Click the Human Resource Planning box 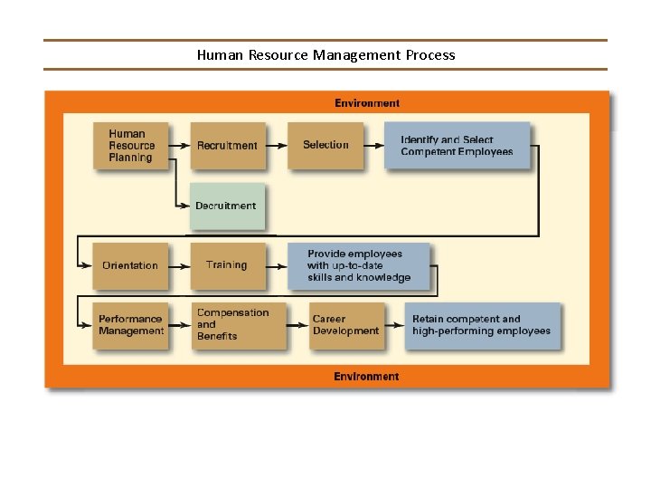pos(130,146)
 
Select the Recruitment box pos(227,146)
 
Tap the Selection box pos(325,145)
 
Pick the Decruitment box pos(226,206)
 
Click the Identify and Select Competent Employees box pos(458,146)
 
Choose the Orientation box pos(130,265)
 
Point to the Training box pos(227,265)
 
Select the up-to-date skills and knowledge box pos(359,265)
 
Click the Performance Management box pos(131,325)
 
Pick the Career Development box pos(345,325)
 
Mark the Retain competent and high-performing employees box pos(482,325)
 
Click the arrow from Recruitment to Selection pos(278,146)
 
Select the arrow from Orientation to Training pos(180,265)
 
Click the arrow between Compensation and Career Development pos(297,325)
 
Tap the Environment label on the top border pos(367,103)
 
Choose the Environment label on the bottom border pos(366,376)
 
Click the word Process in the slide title pos(430,55)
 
